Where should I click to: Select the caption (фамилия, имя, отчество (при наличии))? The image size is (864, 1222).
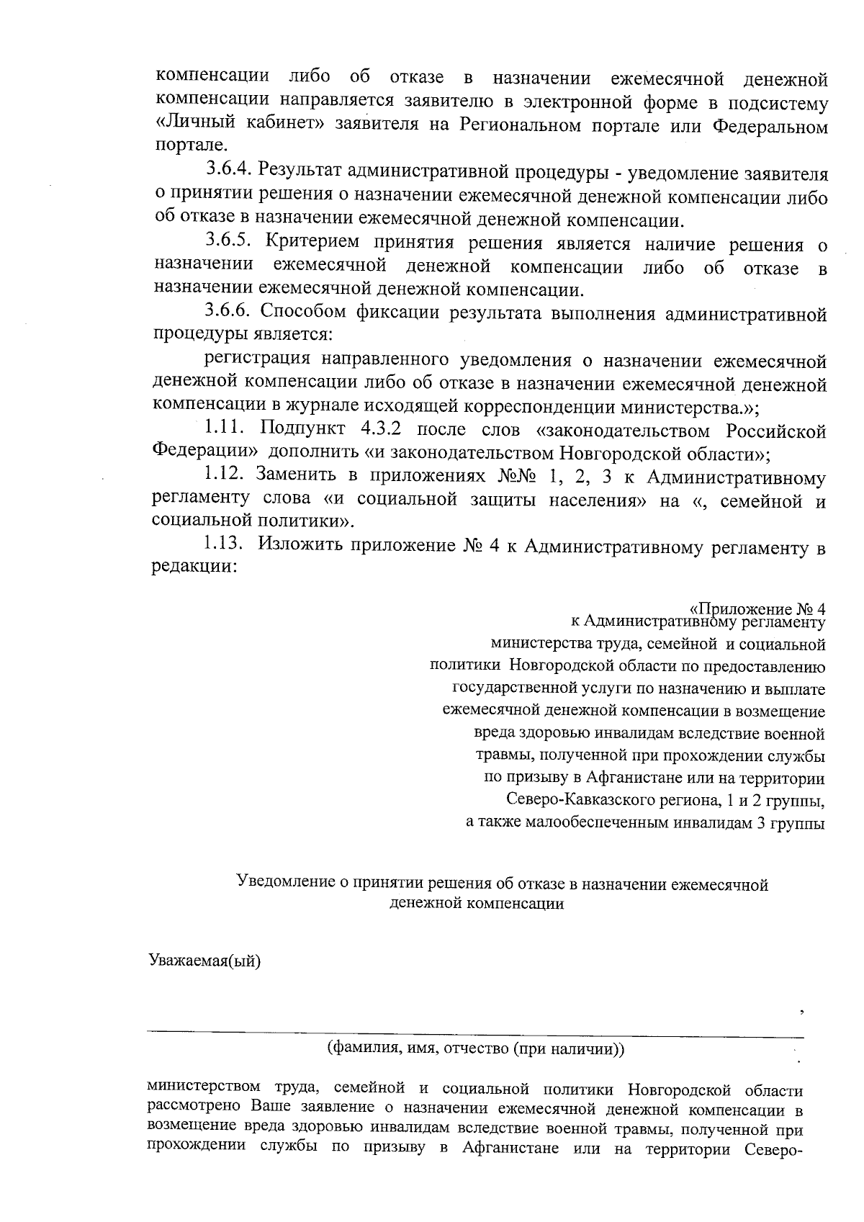click(475, 1048)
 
